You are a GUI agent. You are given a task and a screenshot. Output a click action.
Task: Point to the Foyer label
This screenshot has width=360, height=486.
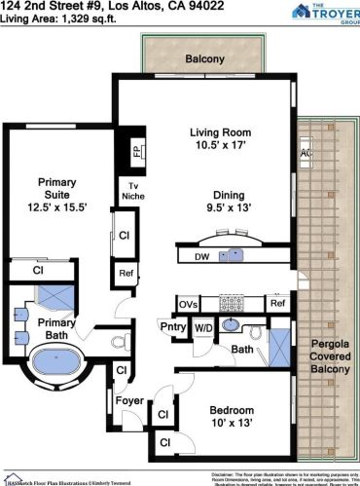[129, 398]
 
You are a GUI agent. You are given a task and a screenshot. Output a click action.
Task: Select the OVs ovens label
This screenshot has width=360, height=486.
[189, 304]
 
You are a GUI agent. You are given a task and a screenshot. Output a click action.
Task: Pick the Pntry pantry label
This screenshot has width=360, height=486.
[172, 327]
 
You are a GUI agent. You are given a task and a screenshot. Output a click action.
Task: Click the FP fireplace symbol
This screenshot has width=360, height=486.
[136, 152]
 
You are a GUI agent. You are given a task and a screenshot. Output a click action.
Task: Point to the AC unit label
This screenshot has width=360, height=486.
[306, 153]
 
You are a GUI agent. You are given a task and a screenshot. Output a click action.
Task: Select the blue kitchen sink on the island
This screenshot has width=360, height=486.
[232, 256]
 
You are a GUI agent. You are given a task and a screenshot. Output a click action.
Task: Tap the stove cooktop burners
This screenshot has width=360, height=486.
[232, 303]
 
